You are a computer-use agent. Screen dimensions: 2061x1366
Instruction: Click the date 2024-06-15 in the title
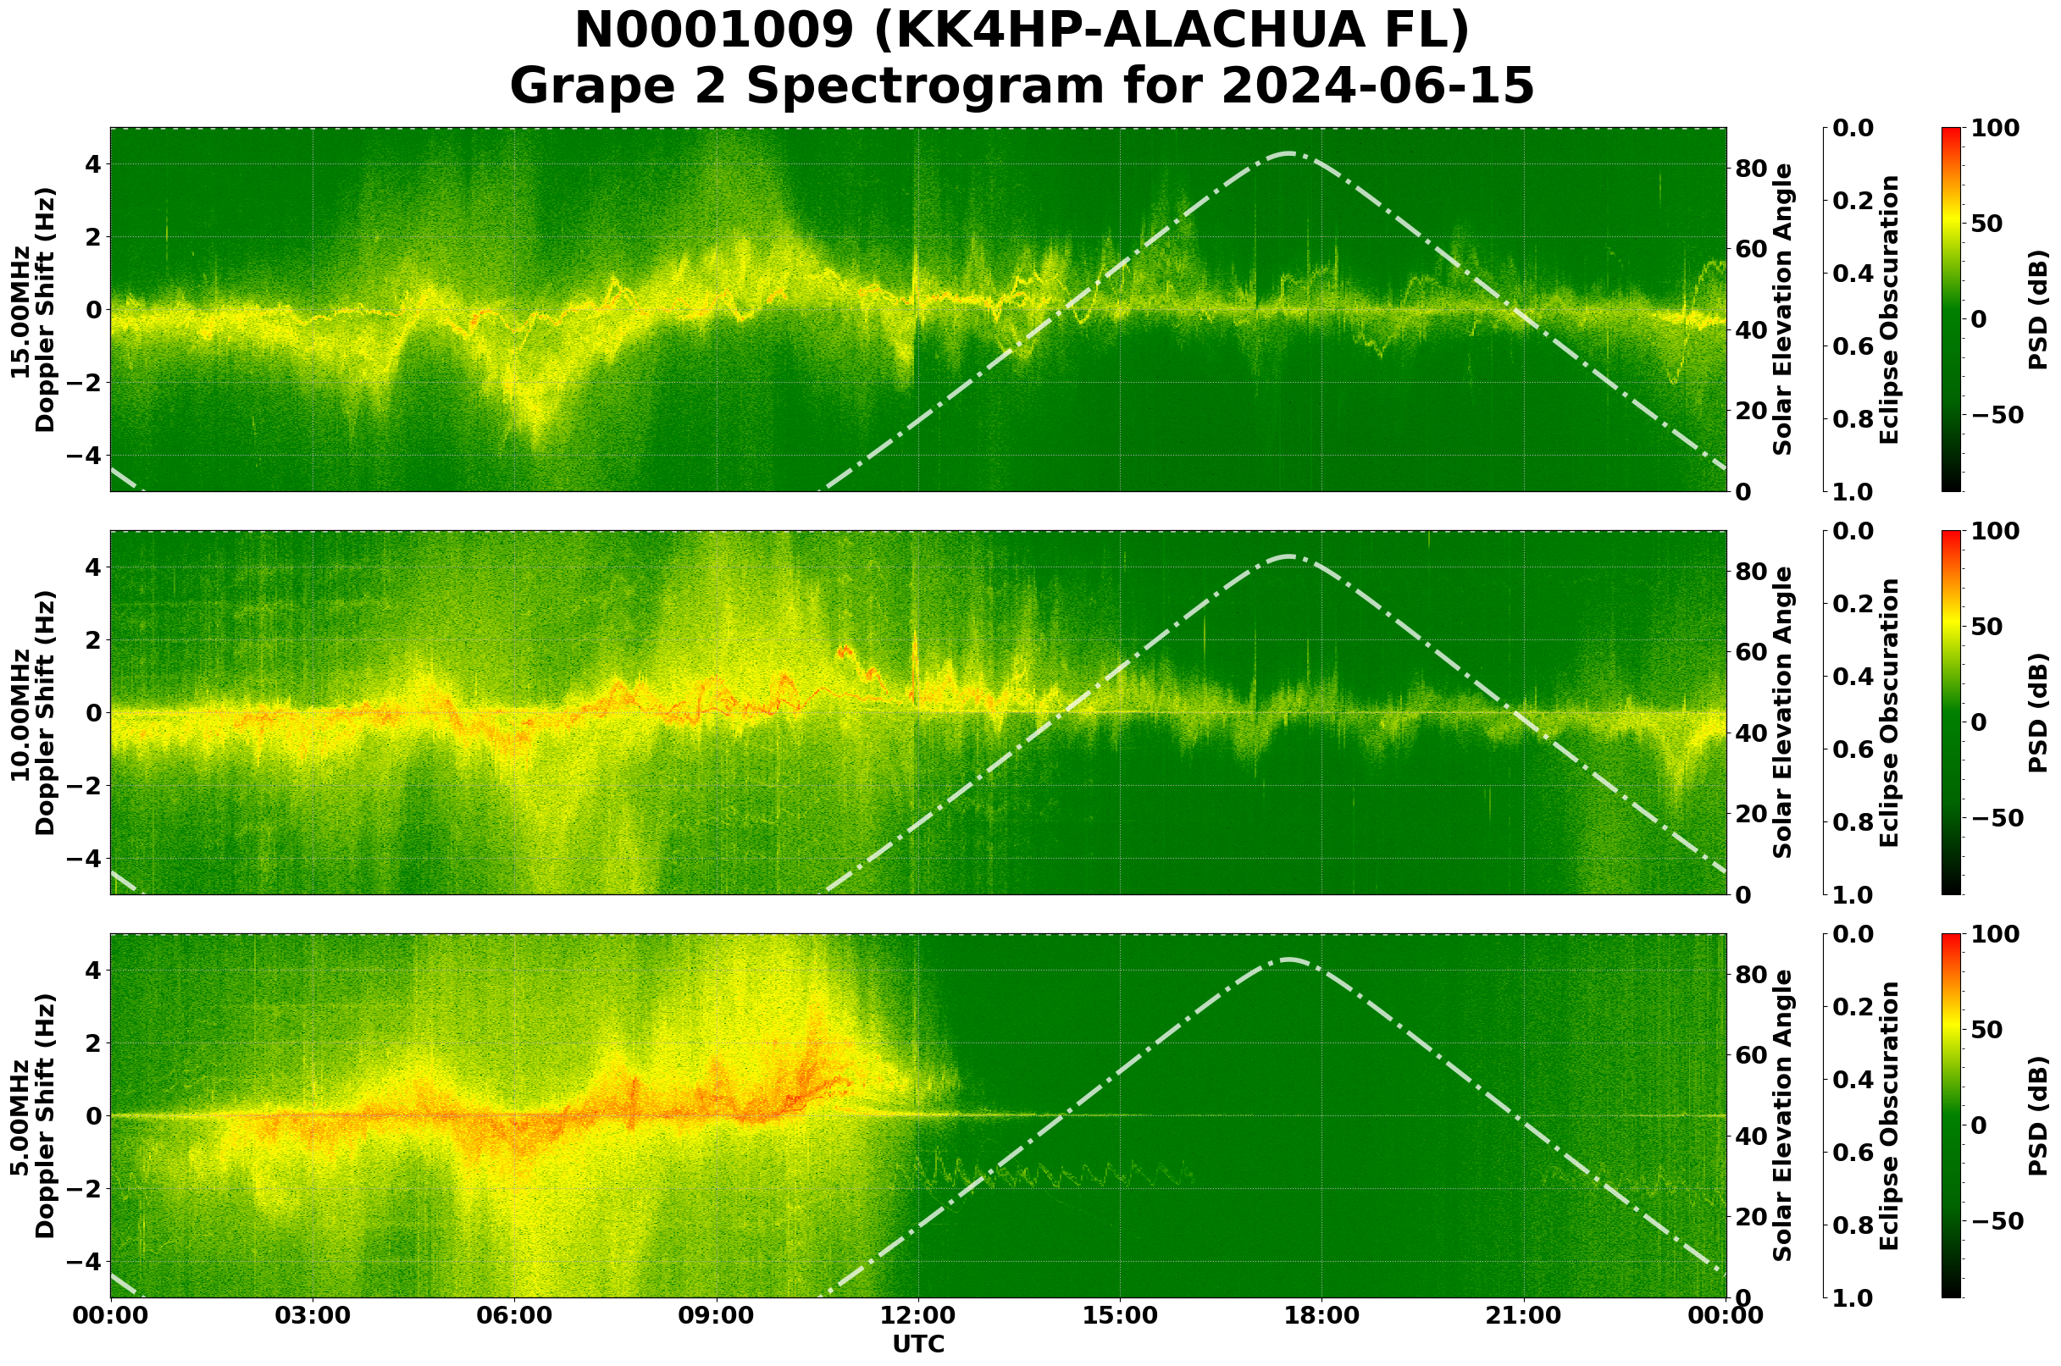[1377, 86]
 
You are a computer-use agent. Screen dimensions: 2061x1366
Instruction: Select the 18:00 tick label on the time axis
[1322, 1315]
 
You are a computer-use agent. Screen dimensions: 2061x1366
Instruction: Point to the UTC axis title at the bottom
[918, 1344]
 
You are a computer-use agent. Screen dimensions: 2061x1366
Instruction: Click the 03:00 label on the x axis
[312, 1315]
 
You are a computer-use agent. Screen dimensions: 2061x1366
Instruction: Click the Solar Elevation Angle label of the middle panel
[1783, 712]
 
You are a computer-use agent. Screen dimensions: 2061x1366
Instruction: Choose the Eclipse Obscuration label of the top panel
[1888, 309]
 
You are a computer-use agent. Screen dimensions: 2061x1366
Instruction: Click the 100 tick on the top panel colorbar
[1996, 128]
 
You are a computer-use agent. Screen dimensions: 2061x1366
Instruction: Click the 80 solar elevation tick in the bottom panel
[1751, 974]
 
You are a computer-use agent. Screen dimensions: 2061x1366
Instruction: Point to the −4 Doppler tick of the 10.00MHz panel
[85, 858]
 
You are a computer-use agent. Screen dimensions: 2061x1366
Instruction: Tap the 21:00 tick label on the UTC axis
[1524, 1315]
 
